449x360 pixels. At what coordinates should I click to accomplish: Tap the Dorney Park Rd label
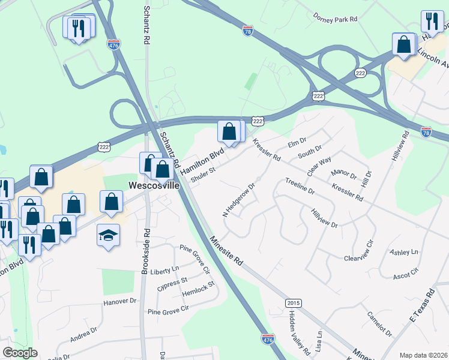pyautogui.click(x=335, y=19)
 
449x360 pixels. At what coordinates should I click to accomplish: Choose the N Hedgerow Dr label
pyautogui.click(x=239, y=200)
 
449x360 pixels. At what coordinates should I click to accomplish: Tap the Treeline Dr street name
pyautogui.click(x=300, y=187)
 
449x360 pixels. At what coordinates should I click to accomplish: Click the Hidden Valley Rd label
pyautogui.click(x=298, y=332)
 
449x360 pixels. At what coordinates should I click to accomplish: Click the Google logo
pyautogui.click(x=20, y=353)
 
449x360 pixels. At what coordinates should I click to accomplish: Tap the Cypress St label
pyautogui.click(x=172, y=280)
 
